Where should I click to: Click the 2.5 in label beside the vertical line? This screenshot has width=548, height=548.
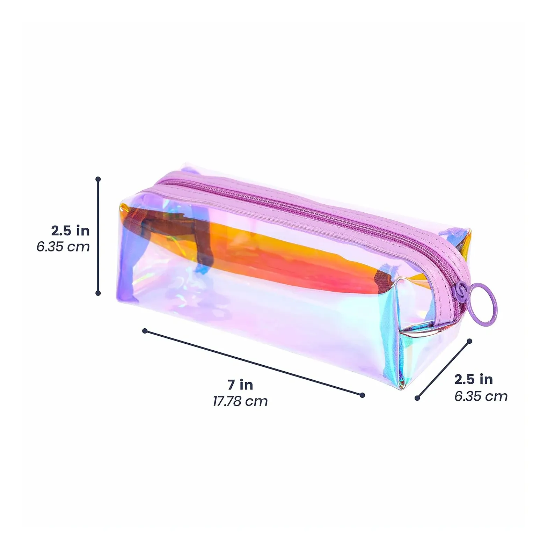[70, 231]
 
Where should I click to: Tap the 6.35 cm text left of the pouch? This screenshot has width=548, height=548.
[63, 247]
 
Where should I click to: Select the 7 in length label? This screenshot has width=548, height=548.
[240, 385]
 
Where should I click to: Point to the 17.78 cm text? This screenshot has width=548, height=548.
[240, 401]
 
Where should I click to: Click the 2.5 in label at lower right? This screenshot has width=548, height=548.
[473, 379]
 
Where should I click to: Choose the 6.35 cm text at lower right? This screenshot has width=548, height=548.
[481, 396]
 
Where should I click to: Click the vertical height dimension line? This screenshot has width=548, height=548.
[98, 236]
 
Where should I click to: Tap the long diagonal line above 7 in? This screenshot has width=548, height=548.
[254, 363]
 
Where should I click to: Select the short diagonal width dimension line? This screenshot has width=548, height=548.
[443, 370]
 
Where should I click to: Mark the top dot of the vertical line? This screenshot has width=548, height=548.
[98, 179]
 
